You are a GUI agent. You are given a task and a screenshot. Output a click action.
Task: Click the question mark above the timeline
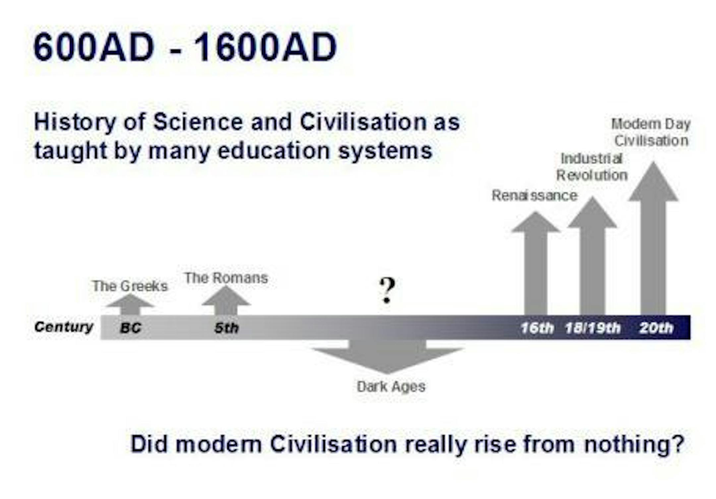387,290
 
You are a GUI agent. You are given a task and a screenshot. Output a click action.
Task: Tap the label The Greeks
130,286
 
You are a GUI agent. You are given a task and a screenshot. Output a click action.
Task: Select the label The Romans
226,278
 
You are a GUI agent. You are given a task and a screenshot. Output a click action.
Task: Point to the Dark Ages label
391,387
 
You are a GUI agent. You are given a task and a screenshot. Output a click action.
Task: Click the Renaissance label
534,196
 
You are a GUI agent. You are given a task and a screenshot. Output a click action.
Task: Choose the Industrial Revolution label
592,167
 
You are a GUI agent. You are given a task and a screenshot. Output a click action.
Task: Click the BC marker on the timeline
131,328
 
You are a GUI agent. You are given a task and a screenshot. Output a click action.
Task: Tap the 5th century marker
226,328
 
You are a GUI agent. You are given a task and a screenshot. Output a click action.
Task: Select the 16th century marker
537,328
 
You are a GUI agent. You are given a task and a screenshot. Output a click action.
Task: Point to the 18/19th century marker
593,328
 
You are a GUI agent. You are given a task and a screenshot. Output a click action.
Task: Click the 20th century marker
656,328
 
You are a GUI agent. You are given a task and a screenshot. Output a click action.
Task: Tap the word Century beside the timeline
64,327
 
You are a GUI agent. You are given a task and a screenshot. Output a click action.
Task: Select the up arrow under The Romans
226,300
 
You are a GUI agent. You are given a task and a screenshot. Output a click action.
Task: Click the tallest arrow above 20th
653,238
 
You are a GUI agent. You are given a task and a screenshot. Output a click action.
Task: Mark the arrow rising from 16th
536,263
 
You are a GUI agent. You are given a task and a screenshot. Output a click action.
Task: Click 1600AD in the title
265,47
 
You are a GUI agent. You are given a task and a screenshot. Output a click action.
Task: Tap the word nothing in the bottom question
634,444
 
